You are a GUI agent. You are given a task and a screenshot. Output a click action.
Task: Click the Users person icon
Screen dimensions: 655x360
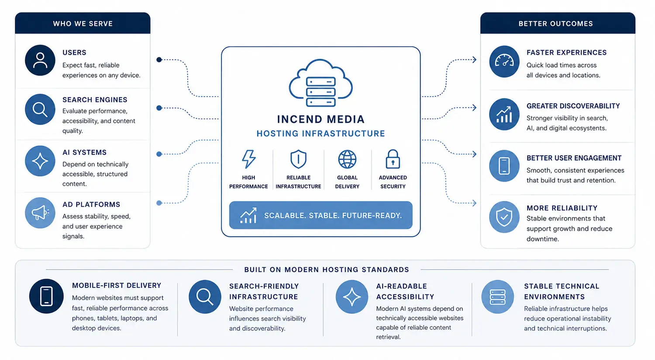click(40, 60)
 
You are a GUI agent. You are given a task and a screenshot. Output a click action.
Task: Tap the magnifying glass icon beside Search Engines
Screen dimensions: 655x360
click(40, 109)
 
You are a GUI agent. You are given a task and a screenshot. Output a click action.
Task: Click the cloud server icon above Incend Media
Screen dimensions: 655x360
click(321, 83)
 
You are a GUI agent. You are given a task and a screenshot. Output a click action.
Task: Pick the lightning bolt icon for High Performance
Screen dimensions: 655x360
click(248, 159)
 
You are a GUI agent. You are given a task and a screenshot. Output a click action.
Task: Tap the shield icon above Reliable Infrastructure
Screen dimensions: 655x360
click(298, 159)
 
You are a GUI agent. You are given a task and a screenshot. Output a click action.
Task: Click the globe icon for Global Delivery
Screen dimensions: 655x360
click(347, 159)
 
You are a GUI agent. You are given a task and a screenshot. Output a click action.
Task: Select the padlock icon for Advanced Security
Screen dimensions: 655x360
click(393, 159)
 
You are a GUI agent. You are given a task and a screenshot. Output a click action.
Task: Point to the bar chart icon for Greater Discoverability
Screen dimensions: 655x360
click(504, 114)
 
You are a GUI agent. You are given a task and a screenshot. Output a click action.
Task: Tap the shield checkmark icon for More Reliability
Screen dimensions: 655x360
click(504, 217)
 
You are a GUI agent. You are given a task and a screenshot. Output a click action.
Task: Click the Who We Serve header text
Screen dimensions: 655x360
click(83, 24)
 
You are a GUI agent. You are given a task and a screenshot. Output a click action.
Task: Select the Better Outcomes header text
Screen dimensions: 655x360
click(555, 24)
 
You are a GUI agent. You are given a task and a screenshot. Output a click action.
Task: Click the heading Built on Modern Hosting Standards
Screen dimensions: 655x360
click(327, 270)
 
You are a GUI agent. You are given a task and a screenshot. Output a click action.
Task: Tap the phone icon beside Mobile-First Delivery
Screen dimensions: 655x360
click(46, 296)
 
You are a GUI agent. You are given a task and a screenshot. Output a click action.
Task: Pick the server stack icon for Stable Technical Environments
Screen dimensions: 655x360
click(497, 297)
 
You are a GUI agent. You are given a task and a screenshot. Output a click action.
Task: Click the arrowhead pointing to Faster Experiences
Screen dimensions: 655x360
click(474, 60)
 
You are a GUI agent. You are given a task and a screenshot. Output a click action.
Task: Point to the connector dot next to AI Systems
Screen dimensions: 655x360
click(159, 154)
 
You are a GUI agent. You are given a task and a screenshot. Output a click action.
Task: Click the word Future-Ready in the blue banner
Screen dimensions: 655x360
click(372, 215)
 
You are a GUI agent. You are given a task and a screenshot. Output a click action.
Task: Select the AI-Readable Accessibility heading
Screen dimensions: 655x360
click(405, 291)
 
